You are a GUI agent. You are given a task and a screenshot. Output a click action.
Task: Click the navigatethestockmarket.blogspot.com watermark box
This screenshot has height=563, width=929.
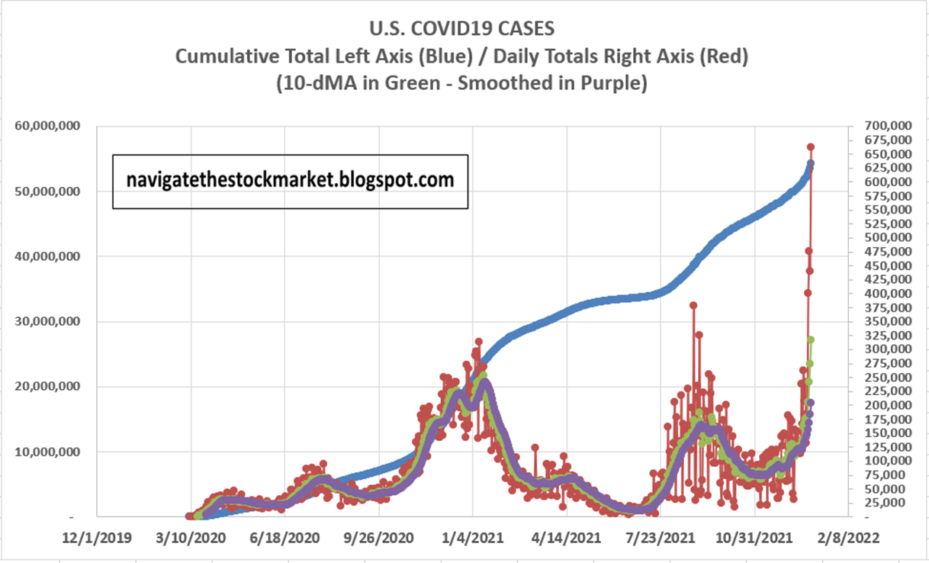(x=290, y=181)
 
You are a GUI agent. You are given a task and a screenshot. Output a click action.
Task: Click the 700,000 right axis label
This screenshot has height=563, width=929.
(x=887, y=126)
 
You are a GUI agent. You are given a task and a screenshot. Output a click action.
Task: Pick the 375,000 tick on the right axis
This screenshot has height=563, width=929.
(x=887, y=307)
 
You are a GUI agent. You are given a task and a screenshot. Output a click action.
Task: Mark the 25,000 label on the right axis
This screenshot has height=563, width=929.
(x=890, y=503)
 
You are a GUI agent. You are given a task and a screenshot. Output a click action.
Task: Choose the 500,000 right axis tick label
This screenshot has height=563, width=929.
(x=887, y=237)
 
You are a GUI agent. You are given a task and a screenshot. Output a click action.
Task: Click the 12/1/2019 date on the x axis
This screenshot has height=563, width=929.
(x=98, y=537)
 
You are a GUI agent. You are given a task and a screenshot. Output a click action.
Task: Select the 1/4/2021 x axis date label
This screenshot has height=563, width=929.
(x=473, y=537)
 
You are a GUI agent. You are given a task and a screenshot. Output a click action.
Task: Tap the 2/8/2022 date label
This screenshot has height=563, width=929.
(x=848, y=537)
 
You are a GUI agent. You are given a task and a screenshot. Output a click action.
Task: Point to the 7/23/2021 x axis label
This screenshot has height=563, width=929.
(x=661, y=537)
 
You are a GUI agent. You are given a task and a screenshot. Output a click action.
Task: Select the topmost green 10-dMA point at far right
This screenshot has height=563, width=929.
(x=812, y=339)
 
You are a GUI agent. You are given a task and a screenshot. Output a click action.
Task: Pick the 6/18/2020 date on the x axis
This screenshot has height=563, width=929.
(x=285, y=537)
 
